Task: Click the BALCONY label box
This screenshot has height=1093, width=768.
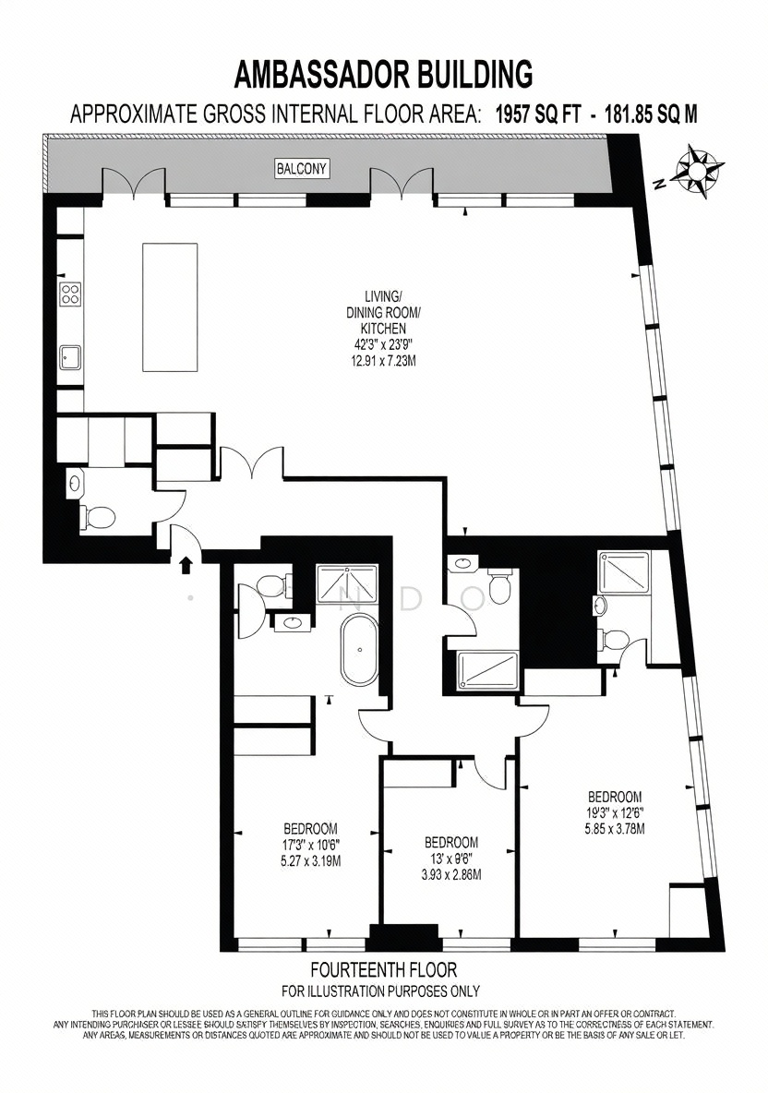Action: pyautogui.click(x=301, y=168)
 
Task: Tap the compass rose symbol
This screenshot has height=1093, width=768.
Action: pyautogui.click(x=699, y=167)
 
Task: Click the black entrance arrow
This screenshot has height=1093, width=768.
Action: pyautogui.click(x=186, y=564)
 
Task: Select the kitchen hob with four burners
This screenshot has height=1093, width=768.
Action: pyautogui.click(x=70, y=294)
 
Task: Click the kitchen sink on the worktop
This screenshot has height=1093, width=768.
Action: pyautogui.click(x=70, y=358)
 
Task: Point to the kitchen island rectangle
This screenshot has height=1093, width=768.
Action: pyautogui.click(x=170, y=306)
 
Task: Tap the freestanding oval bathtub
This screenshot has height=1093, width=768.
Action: pyautogui.click(x=359, y=651)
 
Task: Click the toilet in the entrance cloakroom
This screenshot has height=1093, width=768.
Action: pyautogui.click(x=98, y=517)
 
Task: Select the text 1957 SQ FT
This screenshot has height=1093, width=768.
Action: pyautogui.click(x=537, y=113)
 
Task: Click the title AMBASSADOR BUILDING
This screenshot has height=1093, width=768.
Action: pyautogui.click(x=384, y=74)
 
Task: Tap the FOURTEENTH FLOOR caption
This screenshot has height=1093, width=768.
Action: pyautogui.click(x=384, y=969)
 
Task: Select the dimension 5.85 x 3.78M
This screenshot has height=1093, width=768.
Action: pyautogui.click(x=615, y=829)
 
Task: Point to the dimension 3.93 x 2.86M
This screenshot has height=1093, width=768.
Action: pyautogui.click(x=451, y=874)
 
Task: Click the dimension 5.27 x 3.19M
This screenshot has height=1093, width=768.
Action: pyautogui.click(x=311, y=861)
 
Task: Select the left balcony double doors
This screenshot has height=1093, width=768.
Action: pyautogui.click(x=134, y=182)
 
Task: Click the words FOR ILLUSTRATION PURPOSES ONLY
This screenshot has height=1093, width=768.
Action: pyautogui.click(x=380, y=991)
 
